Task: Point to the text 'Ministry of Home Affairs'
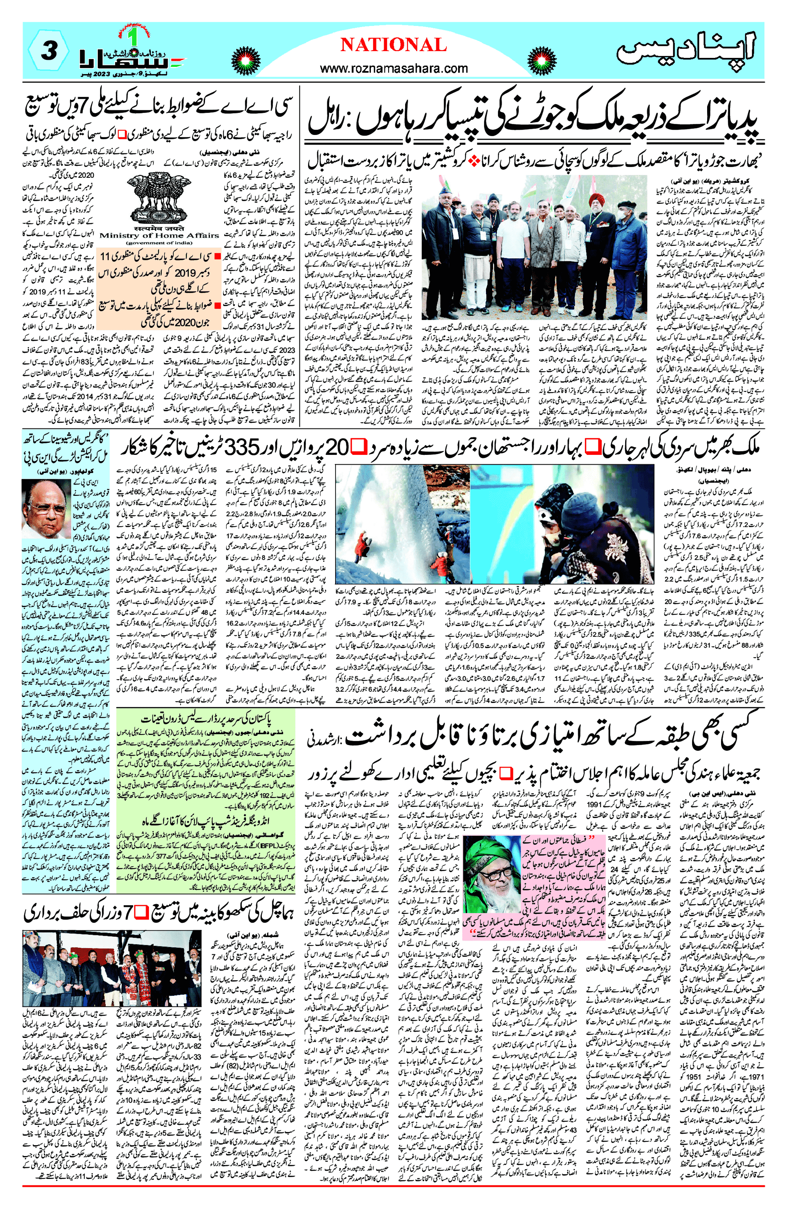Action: point(159,235)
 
